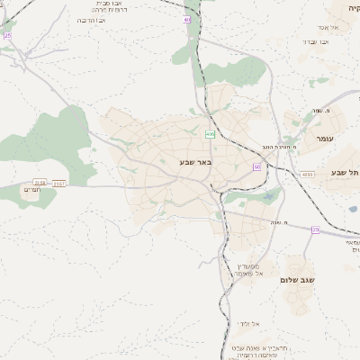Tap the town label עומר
(325, 139)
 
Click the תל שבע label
(345, 172)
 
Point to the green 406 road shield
(210, 134)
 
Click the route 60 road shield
(257, 166)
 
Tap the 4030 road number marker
(308, 175)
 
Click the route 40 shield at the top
(186, 19)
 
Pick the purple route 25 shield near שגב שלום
(315, 229)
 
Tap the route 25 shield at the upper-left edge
(8, 35)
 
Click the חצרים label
(33, 190)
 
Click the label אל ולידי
(249, 323)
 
